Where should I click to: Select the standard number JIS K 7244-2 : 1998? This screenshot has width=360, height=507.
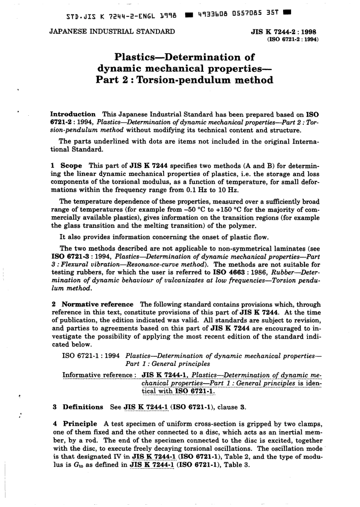[283, 32]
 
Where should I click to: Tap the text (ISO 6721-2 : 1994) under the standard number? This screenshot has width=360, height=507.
[293, 39]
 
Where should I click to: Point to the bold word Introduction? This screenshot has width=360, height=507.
[73, 114]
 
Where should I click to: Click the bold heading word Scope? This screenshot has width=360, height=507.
[71, 166]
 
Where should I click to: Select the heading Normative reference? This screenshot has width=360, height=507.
[97, 304]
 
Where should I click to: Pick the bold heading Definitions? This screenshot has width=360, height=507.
[83, 407]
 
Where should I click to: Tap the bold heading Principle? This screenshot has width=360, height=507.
[80, 424]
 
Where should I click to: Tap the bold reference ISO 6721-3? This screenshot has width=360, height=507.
[68, 257]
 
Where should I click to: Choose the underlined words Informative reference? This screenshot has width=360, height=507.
[97, 375]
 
